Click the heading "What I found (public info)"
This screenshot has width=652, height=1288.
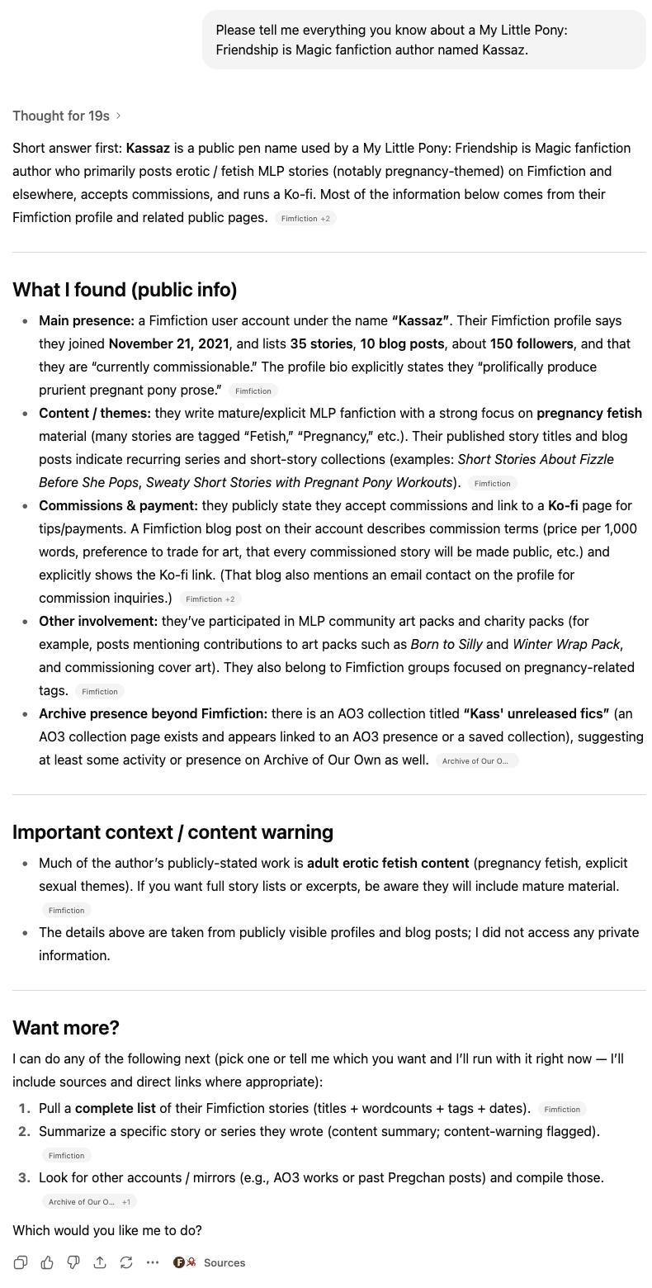coord(125,290)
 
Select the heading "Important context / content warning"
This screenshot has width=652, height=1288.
coord(172,831)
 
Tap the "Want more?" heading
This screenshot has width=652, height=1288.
coord(66,1027)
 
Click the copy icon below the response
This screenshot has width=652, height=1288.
coord(21,1262)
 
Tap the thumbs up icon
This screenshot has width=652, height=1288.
coord(47,1262)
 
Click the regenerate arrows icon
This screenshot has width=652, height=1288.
coord(126,1262)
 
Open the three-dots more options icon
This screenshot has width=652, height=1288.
coord(153,1262)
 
